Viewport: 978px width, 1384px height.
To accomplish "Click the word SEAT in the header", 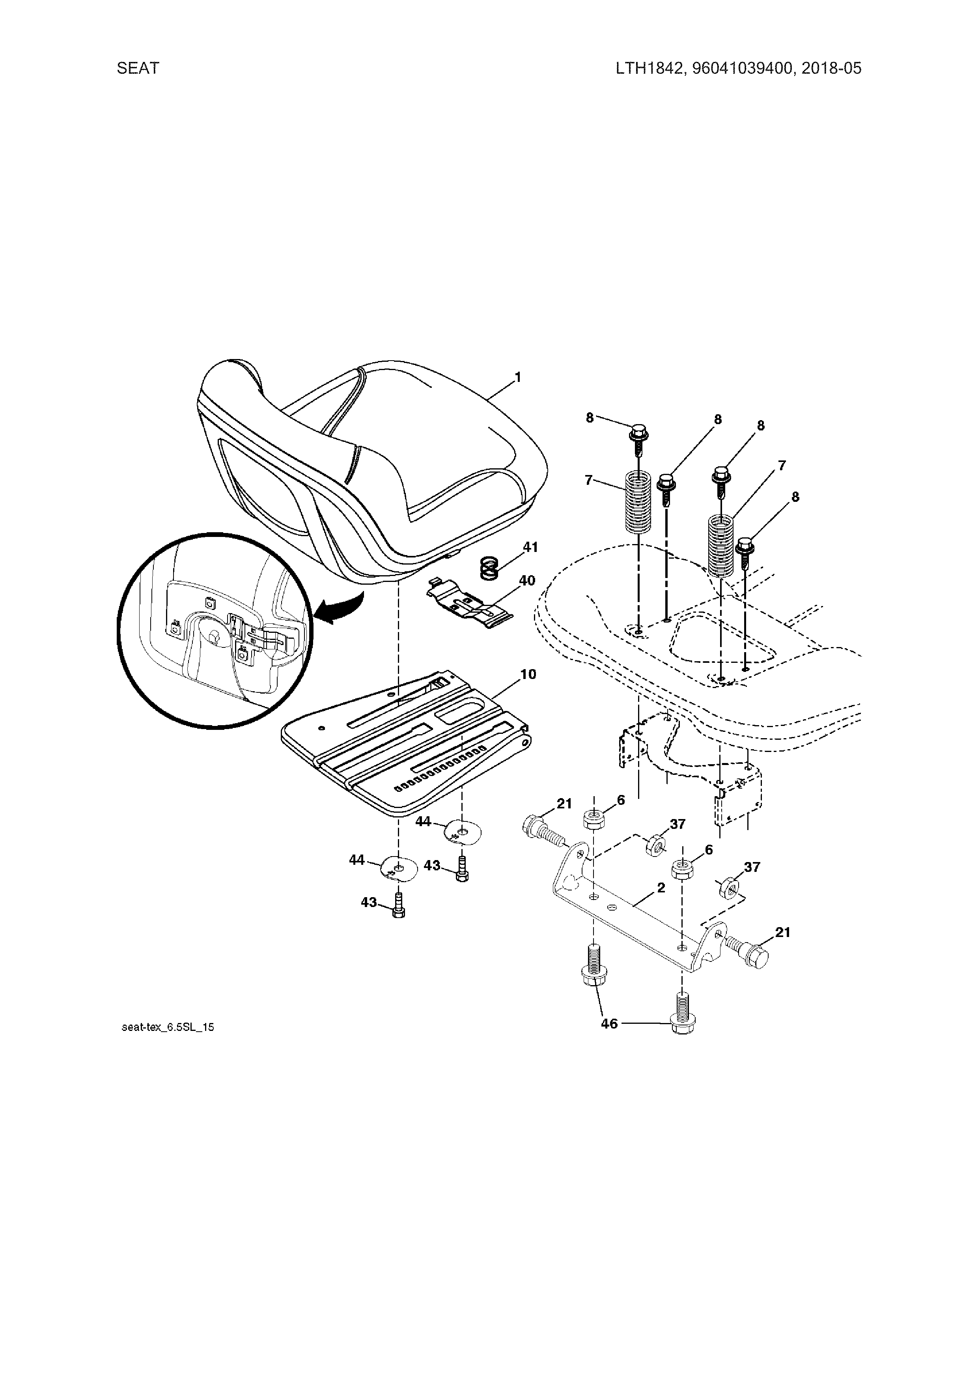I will click(x=138, y=68).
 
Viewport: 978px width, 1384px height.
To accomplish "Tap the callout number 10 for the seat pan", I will click(x=528, y=674).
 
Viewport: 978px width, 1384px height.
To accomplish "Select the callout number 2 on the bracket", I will click(x=661, y=888).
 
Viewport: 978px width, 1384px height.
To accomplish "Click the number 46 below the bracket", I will click(x=609, y=1023).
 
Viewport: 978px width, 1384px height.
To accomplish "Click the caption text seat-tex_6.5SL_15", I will click(x=168, y=1027).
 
